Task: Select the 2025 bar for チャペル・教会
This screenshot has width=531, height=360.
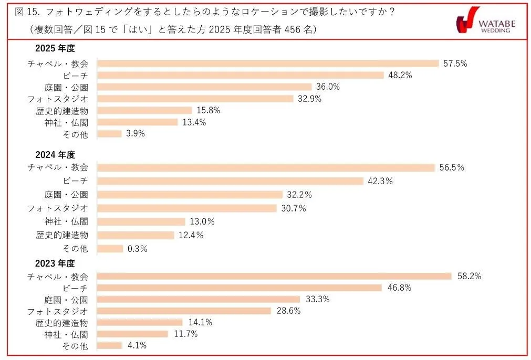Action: pos(268,63)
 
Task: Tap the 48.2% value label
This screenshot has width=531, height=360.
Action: pos(400,75)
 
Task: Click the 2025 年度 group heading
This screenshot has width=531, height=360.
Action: pos(55,49)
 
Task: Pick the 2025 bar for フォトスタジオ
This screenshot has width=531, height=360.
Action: pos(195,99)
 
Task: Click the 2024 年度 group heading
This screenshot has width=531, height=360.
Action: pos(55,155)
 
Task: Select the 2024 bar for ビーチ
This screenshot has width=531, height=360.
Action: pos(231,181)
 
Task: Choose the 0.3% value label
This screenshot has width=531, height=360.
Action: pos(137,249)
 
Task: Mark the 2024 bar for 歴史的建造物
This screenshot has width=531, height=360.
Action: pos(136,235)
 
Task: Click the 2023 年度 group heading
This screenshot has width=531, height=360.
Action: pos(55,263)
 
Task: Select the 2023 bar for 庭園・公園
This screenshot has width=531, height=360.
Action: pos(199,299)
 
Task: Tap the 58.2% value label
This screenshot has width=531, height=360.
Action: pos(469,276)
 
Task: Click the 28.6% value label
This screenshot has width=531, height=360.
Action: pos(288,311)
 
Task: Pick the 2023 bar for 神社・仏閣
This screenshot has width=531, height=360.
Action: pos(132,334)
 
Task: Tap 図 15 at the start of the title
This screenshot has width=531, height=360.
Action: pos(25,12)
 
